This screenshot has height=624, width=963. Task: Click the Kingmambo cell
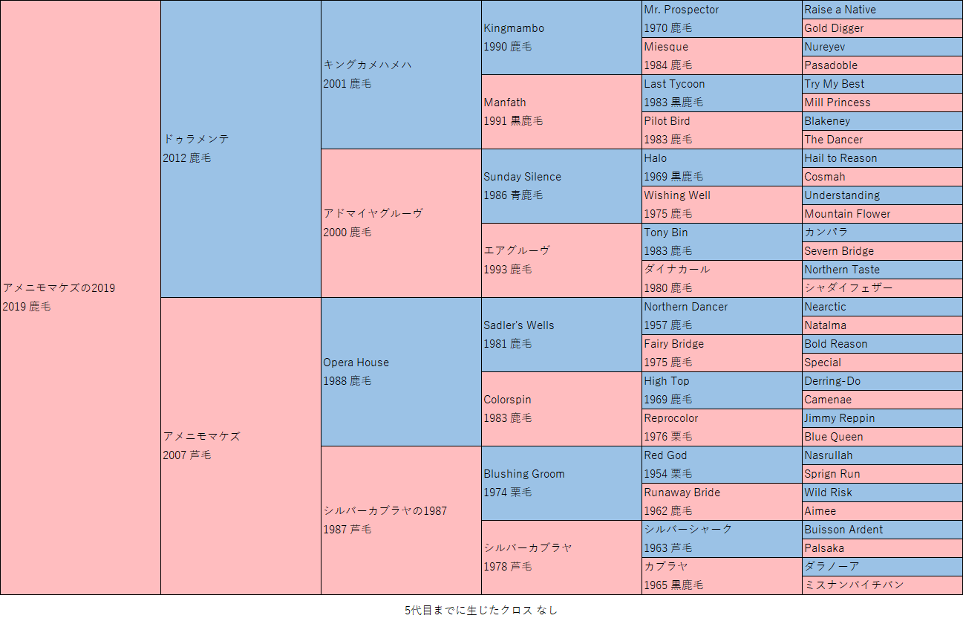(x=514, y=28)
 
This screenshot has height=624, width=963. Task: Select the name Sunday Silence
(x=522, y=177)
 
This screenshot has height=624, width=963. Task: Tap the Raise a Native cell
(x=840, y=10)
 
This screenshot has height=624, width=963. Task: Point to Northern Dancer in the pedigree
(x=685, y=307)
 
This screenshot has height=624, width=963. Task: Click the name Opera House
(x=356, y=363)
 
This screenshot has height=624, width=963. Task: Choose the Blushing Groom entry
(x=523, y=474)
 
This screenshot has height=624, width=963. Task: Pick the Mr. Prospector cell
(x=681, y=10)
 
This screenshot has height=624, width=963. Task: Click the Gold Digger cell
(x=834, y=28)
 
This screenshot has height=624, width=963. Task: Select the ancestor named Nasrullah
(x=828, y=455)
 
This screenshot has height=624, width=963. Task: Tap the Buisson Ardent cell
(x=843, y=530)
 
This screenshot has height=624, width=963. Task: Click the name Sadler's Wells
(x=518, y=325)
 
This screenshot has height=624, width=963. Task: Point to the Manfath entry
(x=504, y=103)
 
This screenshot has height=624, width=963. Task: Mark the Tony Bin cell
(x=665, y=233)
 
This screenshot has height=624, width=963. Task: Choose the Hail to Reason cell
(x=840, y=158)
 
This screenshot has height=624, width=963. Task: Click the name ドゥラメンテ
(x=196, y=139)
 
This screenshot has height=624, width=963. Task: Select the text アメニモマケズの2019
(x=59, y=288)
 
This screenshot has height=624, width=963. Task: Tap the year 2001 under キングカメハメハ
(x=334, y=84)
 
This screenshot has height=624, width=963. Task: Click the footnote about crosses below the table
(x=480, y=610)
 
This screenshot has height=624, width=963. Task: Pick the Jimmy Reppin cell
(x=839, y=418)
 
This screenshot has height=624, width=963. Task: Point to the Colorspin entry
(x=507, y=400)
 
